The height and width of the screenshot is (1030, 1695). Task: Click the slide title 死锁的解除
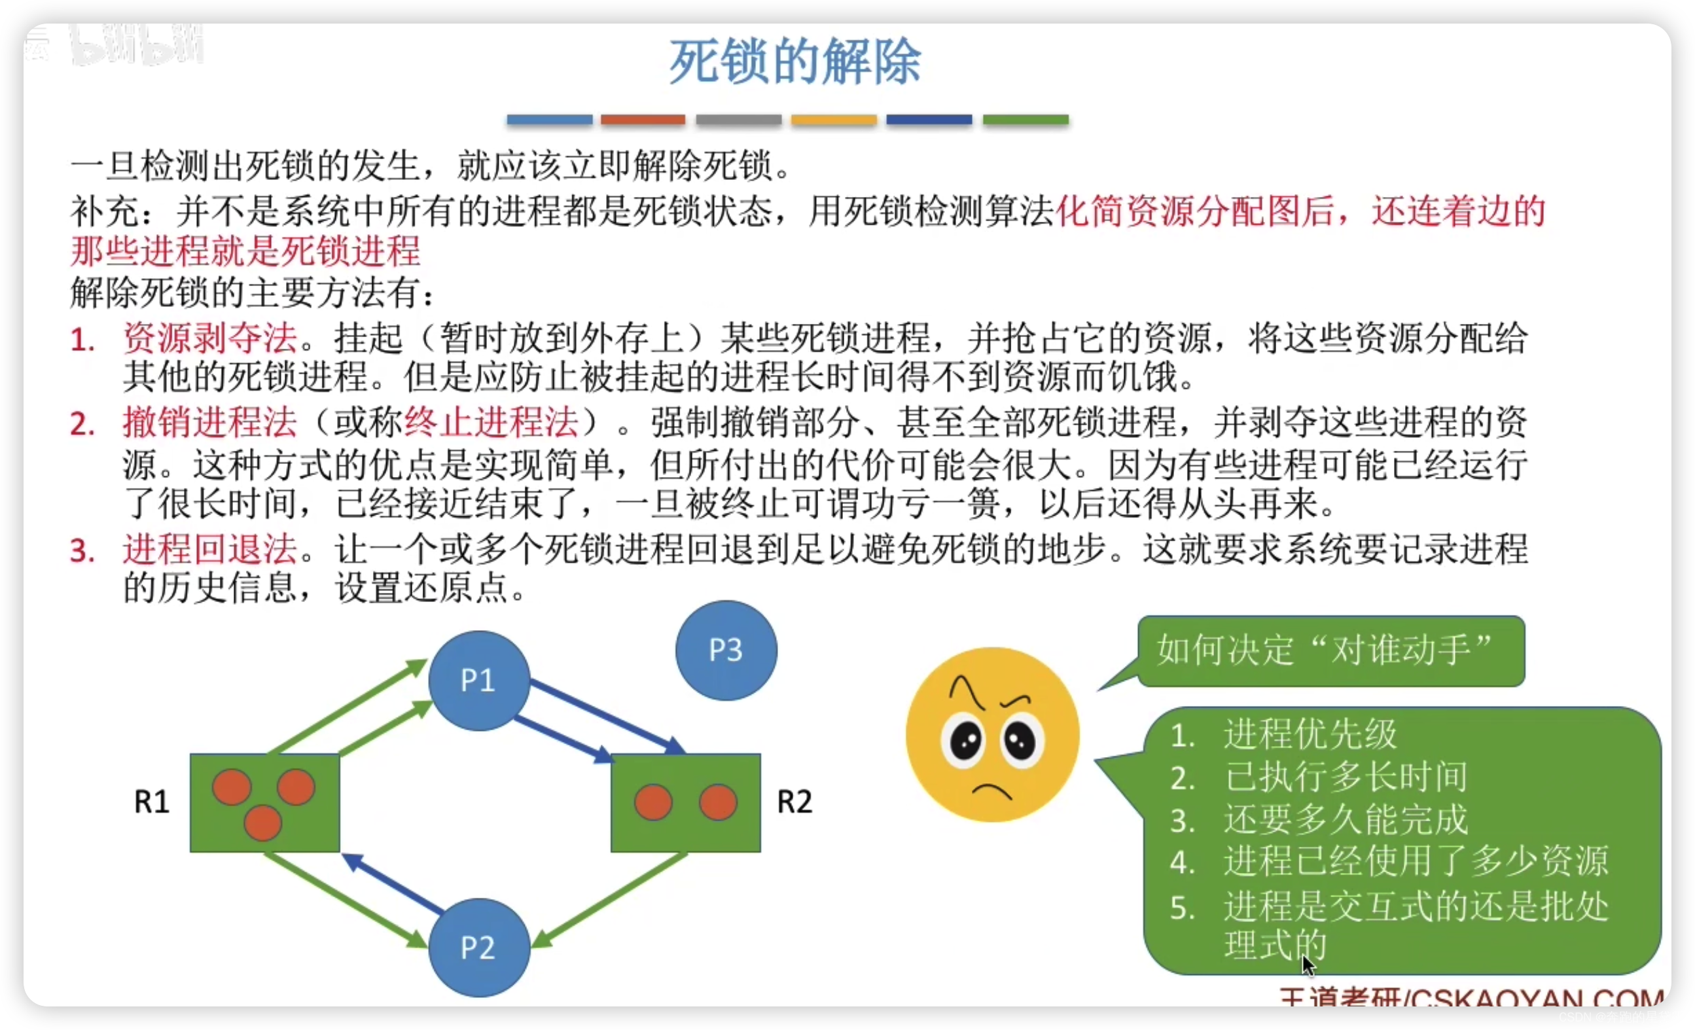tap(794, 62)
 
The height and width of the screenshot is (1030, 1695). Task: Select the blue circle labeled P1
tap(479, 680)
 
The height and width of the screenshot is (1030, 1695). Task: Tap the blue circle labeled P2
tap(479, 947)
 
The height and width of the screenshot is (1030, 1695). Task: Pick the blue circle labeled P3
tap(726, 650)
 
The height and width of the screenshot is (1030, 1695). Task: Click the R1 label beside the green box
tap(151, 802)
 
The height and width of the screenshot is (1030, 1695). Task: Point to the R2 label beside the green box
tap(794, 802)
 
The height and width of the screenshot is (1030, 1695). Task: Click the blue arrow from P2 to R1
tap(392, 883)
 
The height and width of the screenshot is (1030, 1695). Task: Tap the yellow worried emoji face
tap(992, 734)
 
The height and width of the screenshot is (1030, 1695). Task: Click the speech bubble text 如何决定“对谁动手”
tap(1324, 650)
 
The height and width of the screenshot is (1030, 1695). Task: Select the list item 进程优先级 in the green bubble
tap(1310, 734)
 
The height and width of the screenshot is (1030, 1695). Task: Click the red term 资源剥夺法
tap(210, 338)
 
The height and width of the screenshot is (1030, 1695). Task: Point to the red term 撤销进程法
tap(210, 423)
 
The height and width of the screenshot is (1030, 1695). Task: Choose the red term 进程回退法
tap(210, 550)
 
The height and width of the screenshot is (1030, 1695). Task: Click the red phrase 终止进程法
tap(491, 423)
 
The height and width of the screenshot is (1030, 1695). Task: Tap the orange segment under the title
tap(643, 120)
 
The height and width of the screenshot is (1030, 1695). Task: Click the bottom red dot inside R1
tap(263, 823)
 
